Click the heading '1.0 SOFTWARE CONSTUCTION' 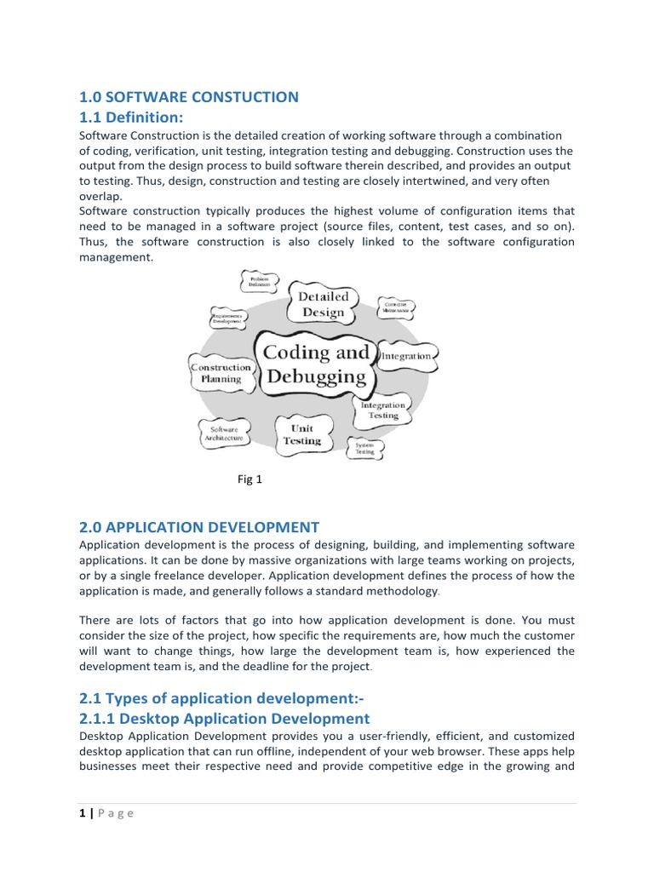pyautogui.click(x=188, y=97)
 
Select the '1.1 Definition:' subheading pyautogui.click(x=131, y=117)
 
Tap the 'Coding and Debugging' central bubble pyautogui.click(x=316, y=364)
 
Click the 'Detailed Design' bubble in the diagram pyautogui.click(x=323, y=304)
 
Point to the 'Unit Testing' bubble pyautogui.click(x=302, y=434)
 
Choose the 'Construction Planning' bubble pyautogui.click(x=221, y=373)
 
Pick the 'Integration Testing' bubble pyautogui.click(x=383, y=410)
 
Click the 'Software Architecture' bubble pyautogui.click(x=224, y=434)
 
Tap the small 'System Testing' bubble pyautogui.click(x=364, y=448)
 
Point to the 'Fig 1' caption pyautogui.click(x=250, y=479)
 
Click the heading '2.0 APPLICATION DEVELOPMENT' pyautogui.click(x=199, y=527)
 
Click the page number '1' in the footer pyautogui.click(x=82, y=812)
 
